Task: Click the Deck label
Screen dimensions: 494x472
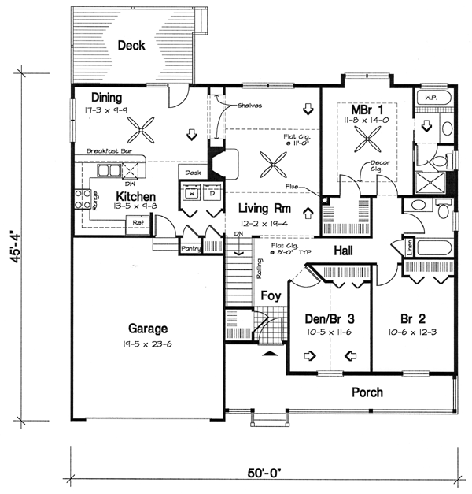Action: (x=131, y=46)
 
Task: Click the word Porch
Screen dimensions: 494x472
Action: (x=367, y=392)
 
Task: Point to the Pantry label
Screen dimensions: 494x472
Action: (x=191, y=249)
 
